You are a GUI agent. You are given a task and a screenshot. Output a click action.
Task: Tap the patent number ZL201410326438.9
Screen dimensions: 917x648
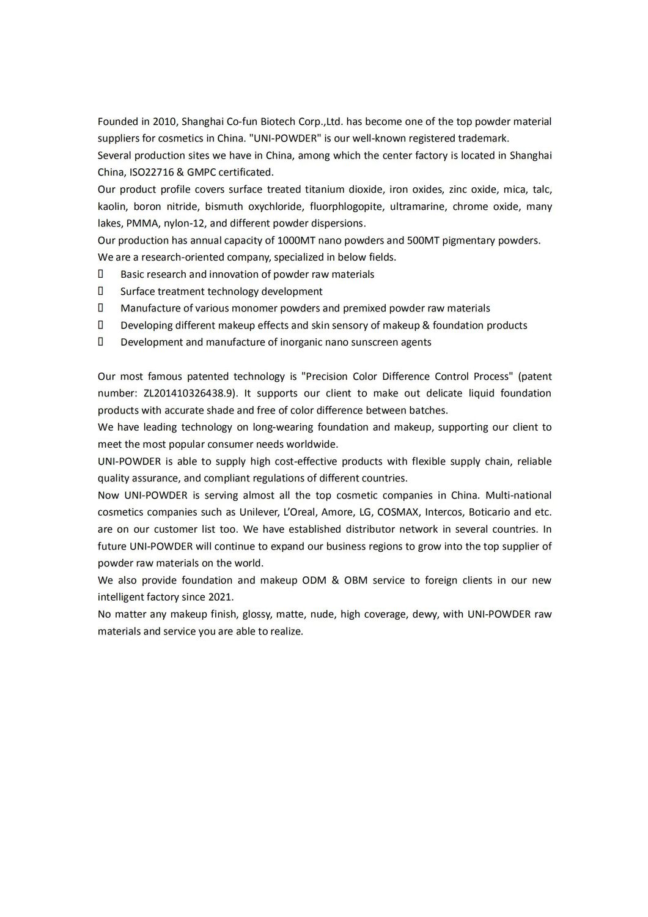tap(190, 393)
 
